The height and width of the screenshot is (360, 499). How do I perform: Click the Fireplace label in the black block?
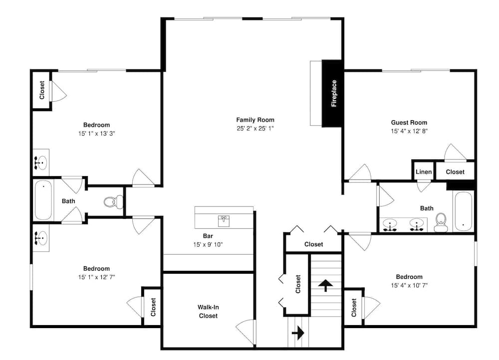point(334,93)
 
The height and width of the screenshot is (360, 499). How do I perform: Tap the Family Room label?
point(255,120)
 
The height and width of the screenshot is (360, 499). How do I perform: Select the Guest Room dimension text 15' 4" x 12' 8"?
point(409,131)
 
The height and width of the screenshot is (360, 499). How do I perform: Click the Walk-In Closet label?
point(208,311)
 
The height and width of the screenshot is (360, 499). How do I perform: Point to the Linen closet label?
point(424,172)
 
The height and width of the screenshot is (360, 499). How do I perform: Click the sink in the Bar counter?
point(224,219)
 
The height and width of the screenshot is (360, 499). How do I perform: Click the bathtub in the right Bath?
point(463,210)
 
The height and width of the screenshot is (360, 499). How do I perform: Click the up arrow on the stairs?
point(326,285)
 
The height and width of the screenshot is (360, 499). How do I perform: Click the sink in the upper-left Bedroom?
point(41,162)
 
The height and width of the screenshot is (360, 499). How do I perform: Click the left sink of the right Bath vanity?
point(390,224)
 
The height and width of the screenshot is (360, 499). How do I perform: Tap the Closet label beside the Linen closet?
point(455,172)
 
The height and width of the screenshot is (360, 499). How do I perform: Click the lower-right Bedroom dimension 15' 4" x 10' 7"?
point(409,286)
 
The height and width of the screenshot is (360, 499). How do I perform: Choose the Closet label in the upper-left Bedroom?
point(42,90)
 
